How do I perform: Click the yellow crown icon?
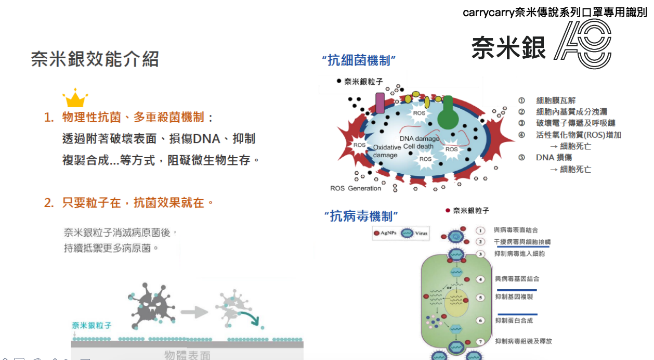click(x=75, y=98)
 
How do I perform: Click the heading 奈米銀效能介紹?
click(x=95, y=59)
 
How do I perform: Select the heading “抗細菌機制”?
click(x=360, y=61)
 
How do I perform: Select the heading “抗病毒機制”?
click(x=361, y=216)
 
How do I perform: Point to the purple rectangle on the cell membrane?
click(x=380, y=103)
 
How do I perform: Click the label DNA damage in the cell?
click(x=419, y=139)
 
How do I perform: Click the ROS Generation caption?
click(x=356, y=188)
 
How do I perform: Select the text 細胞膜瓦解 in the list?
click(x=556, y=100)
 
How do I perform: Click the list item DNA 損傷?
click(x=554, y=158)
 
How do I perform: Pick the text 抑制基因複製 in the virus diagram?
click(x=514, y=297)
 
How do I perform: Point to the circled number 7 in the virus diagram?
click(x=481, y=341)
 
